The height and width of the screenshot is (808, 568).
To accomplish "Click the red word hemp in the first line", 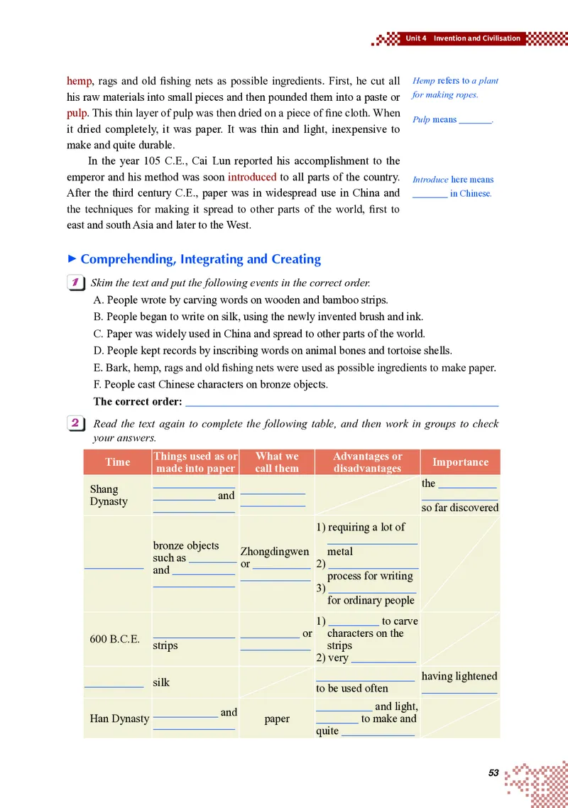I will click(x=80, y=81).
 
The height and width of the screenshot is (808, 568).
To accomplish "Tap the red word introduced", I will click(x=251, y=177).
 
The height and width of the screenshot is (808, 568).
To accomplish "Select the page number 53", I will click(x=494, y=772).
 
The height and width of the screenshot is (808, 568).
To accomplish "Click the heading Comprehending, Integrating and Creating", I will click(x=200, y=259).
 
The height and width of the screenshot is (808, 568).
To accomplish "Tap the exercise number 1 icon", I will click(x=75, y=283).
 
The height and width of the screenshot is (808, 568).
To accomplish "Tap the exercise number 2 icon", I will click(x=75, y=424).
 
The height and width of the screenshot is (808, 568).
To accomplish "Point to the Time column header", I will click(x=117, y=462).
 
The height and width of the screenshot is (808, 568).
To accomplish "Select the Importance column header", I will click(x=460, y=462).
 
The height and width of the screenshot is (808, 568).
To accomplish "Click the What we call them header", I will click(x=277, y=462).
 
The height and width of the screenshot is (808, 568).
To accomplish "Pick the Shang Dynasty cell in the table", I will click(x=109, y=495).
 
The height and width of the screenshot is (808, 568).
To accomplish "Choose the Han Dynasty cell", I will click(x=119, y=719).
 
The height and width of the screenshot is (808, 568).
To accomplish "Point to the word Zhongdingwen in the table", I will click(x=275, y=552).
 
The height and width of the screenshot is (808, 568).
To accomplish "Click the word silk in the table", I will click(x=161, y=682).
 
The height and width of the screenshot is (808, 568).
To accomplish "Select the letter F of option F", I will click(x=97, y=385).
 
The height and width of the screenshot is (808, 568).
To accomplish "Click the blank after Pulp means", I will click(x=475, y=121).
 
